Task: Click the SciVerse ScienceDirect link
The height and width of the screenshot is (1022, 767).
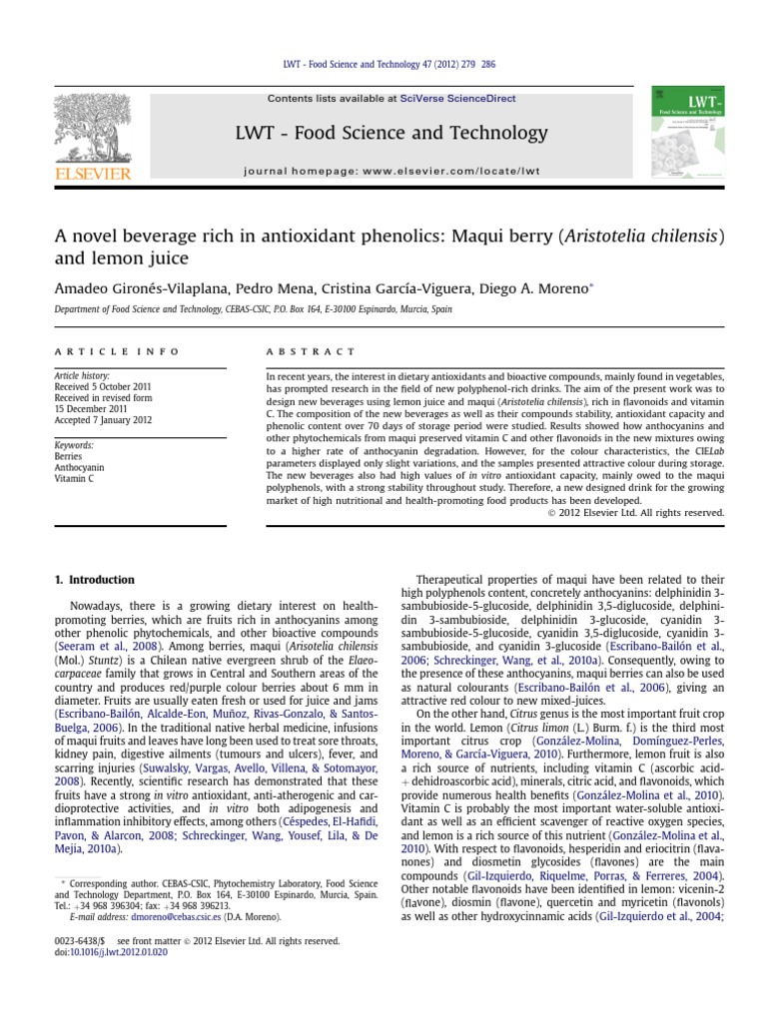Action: (449, 99)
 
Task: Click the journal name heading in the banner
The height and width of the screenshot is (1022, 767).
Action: (391, 134)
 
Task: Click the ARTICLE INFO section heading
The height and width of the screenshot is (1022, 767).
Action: (117, 352)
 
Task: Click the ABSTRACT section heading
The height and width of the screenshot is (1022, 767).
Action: (310, 352)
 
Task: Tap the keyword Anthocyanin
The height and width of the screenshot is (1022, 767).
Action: (81, 466)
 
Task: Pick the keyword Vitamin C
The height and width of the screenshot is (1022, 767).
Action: (75, 478)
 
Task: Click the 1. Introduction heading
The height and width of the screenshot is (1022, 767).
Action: (94, 580)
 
